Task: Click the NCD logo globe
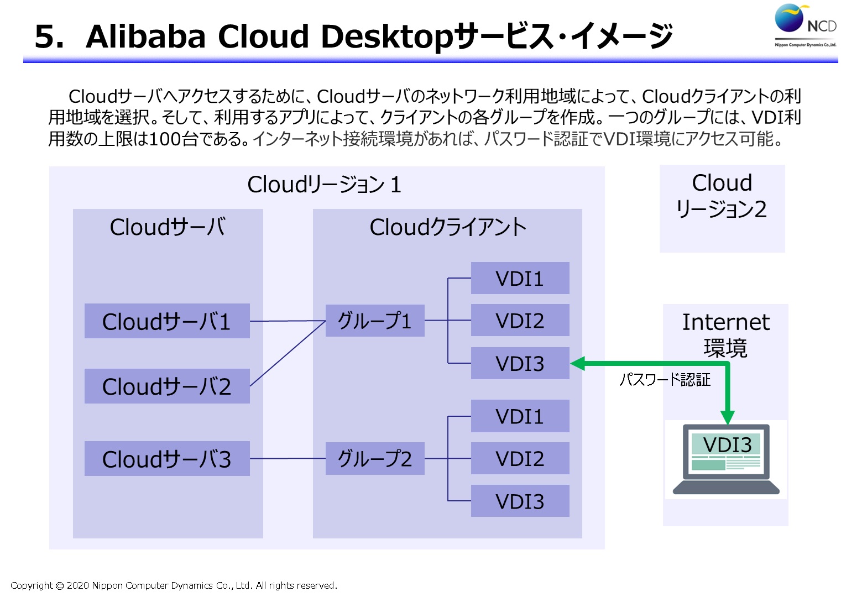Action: [x=789, y=18]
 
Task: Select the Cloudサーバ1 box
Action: [x=167, y=321]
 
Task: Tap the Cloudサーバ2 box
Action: [x=167, y=386]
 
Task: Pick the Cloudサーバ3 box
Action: [x=167, y=458]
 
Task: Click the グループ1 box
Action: [x=375, y=321]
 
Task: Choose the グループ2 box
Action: [x=375, y=458]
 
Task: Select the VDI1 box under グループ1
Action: [x=520, y=277]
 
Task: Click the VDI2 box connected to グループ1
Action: [x=520, y=320]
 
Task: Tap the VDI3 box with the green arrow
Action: [x=520, y=363]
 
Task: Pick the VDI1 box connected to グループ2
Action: [x=520, y=416]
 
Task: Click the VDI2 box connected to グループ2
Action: [x=520, y=458]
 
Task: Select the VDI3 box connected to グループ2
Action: [x=520, y=500]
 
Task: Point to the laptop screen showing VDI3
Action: [x=726, y=452]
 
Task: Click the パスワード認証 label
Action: [x=665, y=380]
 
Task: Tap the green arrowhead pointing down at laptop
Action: [x=727, y=417]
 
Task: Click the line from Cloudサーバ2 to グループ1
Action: [x=288, y=353]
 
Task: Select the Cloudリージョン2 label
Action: [x=722, y=196]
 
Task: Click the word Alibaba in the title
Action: [x=145, y=36]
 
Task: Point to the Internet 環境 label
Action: [x=726, y=334]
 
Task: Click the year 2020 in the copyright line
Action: [x=78, y=585]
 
